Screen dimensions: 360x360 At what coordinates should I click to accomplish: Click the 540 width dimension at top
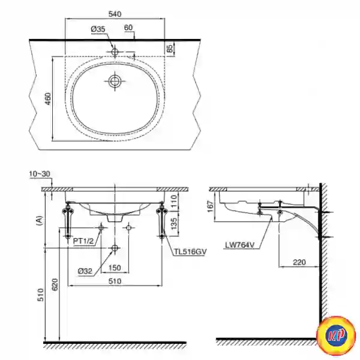[115, 14]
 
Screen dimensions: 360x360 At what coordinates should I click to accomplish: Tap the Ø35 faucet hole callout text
[98, 29]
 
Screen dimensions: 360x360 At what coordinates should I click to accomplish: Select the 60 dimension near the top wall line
[128, 28]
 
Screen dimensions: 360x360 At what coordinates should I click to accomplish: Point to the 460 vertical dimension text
[48, 99]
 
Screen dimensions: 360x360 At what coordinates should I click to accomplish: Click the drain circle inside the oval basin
[115, 81]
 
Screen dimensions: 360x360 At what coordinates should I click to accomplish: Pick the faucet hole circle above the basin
[115, 52]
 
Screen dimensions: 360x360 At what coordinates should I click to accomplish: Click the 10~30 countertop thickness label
[40, 174]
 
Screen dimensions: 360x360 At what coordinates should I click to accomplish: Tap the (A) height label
[40, 220]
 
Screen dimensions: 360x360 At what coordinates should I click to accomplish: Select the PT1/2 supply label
[83, 241]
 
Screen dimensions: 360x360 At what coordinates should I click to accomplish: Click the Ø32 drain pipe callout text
[85, 271]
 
